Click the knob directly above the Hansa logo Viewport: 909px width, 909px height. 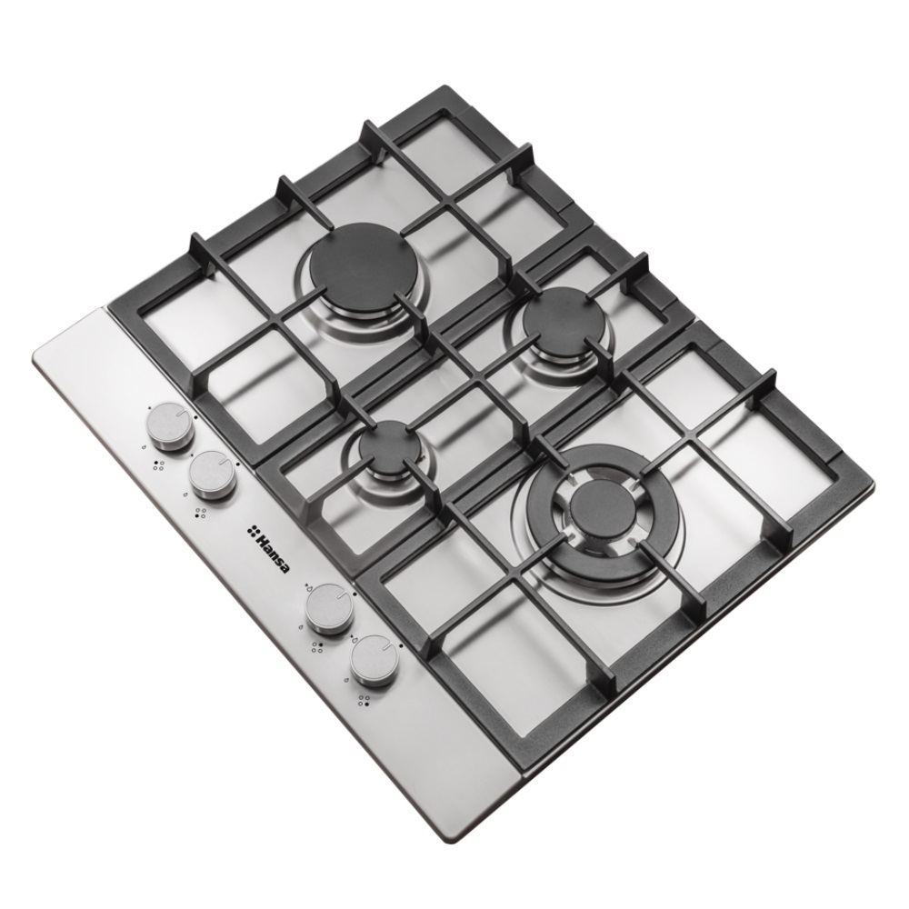click(212, 474)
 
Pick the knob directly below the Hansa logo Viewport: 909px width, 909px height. click(329, 607)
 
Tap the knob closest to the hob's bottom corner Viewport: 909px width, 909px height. click(374, 660)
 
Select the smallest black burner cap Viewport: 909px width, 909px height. click(385, 446)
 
